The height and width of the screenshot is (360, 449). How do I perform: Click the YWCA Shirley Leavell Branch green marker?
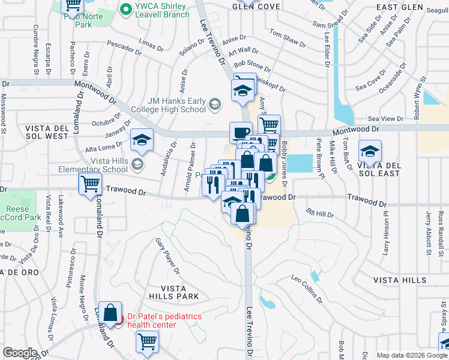coord(125,9)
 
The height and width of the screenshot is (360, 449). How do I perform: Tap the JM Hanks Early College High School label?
coord(170,105)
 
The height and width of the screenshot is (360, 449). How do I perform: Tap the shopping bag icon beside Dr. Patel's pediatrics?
coord(110,313)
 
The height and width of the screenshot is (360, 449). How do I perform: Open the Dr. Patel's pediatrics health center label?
coord(163,320)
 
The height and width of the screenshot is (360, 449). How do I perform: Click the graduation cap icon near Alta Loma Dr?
coord(142,141)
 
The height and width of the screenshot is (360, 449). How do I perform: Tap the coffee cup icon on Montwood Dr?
coord(241,132)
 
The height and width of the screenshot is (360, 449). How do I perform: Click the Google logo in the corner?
coord(20,353)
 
